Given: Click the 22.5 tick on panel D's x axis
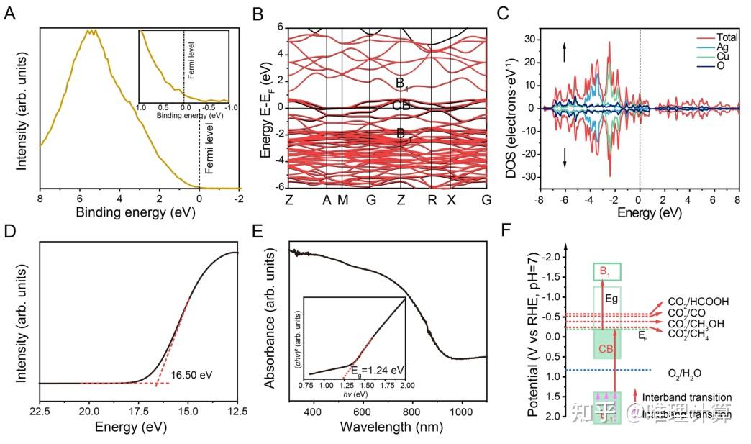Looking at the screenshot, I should tap(40, 410).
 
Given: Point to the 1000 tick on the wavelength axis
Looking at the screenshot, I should tap(460, 410).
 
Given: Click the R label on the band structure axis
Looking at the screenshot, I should tap(432, 199).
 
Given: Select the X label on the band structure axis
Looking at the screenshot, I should tap(451, 199).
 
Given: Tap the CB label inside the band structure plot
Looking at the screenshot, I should tap(401, 105).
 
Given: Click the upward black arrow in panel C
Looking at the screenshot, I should tap(565, 52).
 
